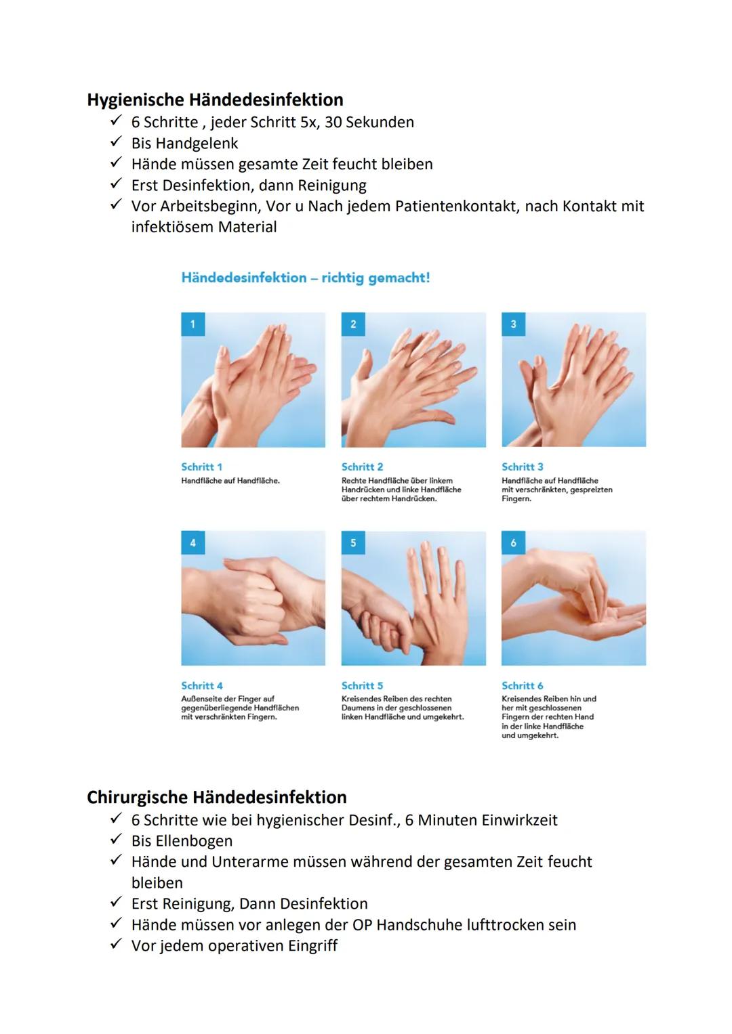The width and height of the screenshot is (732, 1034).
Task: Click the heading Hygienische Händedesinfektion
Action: pos(215,100)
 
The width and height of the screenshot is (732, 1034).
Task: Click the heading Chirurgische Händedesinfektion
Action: pos(216,797)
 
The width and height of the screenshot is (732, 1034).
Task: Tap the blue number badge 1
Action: pos(192,324)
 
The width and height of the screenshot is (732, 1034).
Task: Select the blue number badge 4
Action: pos(192,543)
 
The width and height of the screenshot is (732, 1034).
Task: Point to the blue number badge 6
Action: pos(513,543)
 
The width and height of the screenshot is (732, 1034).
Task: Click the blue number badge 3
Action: pos(513,324)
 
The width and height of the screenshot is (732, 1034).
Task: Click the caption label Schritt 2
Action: pos(362,467)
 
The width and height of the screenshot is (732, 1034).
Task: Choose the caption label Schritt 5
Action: pos(362,685)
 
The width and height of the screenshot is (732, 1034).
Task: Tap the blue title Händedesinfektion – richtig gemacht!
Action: pos(305,278)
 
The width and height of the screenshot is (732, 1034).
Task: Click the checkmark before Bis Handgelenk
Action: pos(117,143)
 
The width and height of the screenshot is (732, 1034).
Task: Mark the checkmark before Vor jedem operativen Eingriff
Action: pos(117,945)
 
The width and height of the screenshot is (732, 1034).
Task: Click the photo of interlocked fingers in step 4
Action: pos(253,598)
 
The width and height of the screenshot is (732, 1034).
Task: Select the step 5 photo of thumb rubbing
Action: pos(413,598)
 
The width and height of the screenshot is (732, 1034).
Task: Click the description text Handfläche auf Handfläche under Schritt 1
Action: pos(230,481)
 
